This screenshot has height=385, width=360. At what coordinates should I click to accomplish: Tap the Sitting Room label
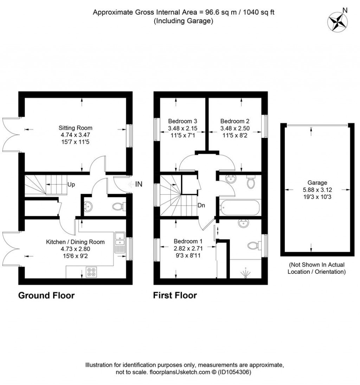pos(76,128)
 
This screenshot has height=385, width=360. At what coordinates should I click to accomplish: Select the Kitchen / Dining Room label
pos(75,242)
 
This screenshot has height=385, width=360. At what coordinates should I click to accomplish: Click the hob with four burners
pos(91,272)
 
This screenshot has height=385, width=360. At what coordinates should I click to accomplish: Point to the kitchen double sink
pos(120,242)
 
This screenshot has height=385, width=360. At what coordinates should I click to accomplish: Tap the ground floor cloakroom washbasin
pos(88,206)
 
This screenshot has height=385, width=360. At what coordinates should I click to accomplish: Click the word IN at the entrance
pos(139,184)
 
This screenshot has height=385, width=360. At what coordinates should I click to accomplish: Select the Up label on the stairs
pos(71,184)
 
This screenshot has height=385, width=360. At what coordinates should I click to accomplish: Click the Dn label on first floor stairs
pos(201,205)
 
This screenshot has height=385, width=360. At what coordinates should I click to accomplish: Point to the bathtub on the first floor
pos(240,208)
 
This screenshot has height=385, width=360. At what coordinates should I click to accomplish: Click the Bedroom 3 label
pos(183,121)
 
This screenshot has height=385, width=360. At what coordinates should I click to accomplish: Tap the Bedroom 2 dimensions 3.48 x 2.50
pos(235,128)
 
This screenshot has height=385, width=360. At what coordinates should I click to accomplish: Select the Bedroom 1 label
pos(188,241)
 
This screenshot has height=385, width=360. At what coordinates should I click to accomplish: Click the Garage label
pos(317,183)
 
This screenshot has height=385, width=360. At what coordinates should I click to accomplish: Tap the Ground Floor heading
pos(46,295)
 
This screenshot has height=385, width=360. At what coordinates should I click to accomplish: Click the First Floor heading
pos(175,295)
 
